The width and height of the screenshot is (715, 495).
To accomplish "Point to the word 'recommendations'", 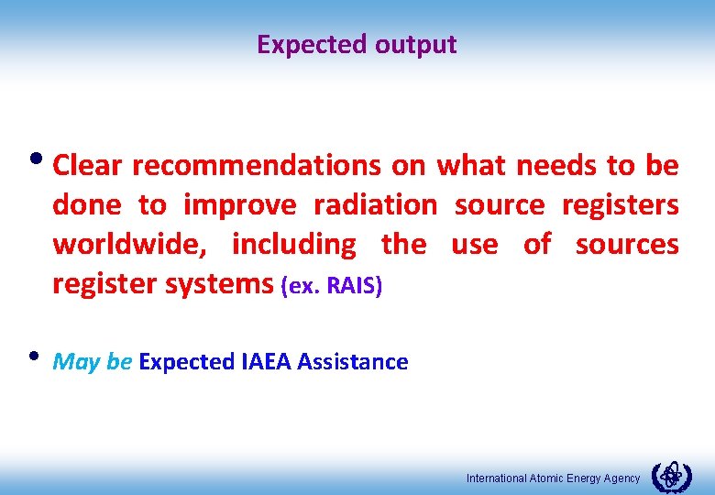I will (256, 165).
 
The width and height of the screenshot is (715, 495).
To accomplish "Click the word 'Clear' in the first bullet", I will (89, 165).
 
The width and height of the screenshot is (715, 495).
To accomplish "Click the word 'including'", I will (293, 245).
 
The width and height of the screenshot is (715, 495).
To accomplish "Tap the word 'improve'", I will (240, 204).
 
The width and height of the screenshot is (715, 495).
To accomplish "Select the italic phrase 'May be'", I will (93, 362).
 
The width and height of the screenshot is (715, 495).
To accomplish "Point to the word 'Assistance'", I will (355, 362).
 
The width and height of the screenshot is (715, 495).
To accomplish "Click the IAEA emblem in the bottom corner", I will (671, 477).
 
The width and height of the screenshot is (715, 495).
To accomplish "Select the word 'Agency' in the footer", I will (621, 478).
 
